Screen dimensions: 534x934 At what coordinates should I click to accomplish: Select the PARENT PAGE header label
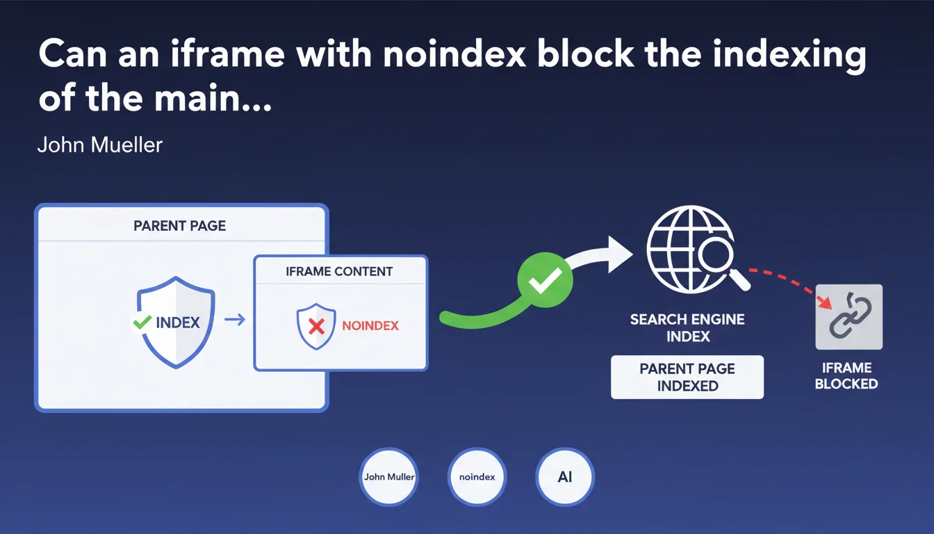coord(180,226)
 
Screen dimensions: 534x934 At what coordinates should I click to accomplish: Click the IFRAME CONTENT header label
coord(339,271)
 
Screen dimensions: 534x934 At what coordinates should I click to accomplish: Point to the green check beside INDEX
coord(142,322)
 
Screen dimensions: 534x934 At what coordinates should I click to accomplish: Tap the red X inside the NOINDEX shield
coord(316,325)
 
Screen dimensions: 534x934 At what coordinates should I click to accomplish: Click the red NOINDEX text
coord(370,325)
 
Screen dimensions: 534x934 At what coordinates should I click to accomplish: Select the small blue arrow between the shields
coord(235,321)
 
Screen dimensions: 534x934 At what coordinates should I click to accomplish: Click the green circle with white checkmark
coord(545,280)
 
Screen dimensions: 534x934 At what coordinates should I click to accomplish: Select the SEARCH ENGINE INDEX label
coord(687,328)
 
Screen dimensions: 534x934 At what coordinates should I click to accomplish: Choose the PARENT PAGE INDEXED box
coord(687,377)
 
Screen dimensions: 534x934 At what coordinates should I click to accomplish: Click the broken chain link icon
coord(849,316)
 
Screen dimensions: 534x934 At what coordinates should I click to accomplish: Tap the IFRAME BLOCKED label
coord(846,375)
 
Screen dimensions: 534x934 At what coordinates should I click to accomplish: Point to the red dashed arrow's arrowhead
coord(825,302)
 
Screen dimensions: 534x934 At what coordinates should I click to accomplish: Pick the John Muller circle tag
coord(389,477)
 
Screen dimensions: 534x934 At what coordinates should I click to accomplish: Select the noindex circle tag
coord(477,477)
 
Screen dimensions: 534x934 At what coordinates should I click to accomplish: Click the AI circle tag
coord(564,477)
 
